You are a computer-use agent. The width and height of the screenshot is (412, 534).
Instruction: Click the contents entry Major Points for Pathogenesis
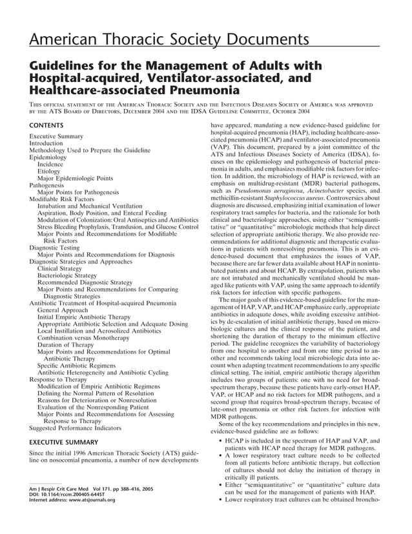pos(78,192)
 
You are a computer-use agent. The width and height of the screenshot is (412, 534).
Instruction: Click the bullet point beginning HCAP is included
pos(300,441)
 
